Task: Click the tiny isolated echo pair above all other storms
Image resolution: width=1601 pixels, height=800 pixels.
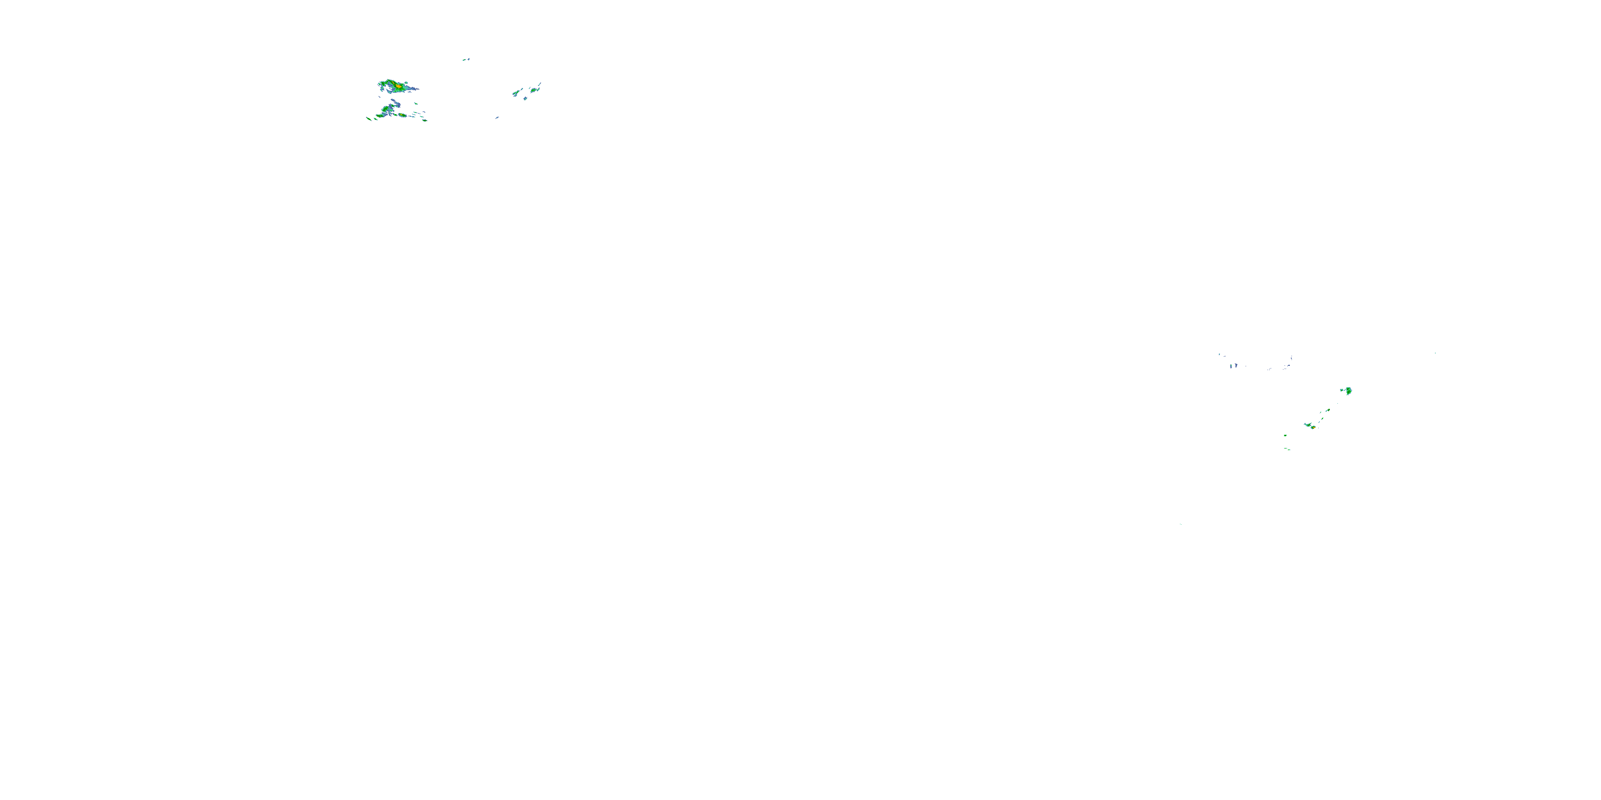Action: [x=466, y=60]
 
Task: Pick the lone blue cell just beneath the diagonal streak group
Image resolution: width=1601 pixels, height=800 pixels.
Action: [x=525, y=98]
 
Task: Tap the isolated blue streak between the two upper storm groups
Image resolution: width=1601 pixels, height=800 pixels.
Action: [x=497, y=117]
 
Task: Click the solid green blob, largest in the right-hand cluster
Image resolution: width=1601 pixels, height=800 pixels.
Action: [x=1349, y=391]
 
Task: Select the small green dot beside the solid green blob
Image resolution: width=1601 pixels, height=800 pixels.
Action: [x=1342, y=389]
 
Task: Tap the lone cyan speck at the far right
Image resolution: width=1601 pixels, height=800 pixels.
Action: [x=1435, y=354]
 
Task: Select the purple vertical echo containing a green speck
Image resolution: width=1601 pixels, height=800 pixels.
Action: [x=1231, y=366]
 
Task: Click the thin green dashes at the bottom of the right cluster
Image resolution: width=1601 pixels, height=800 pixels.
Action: [x=1288, y=449]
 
